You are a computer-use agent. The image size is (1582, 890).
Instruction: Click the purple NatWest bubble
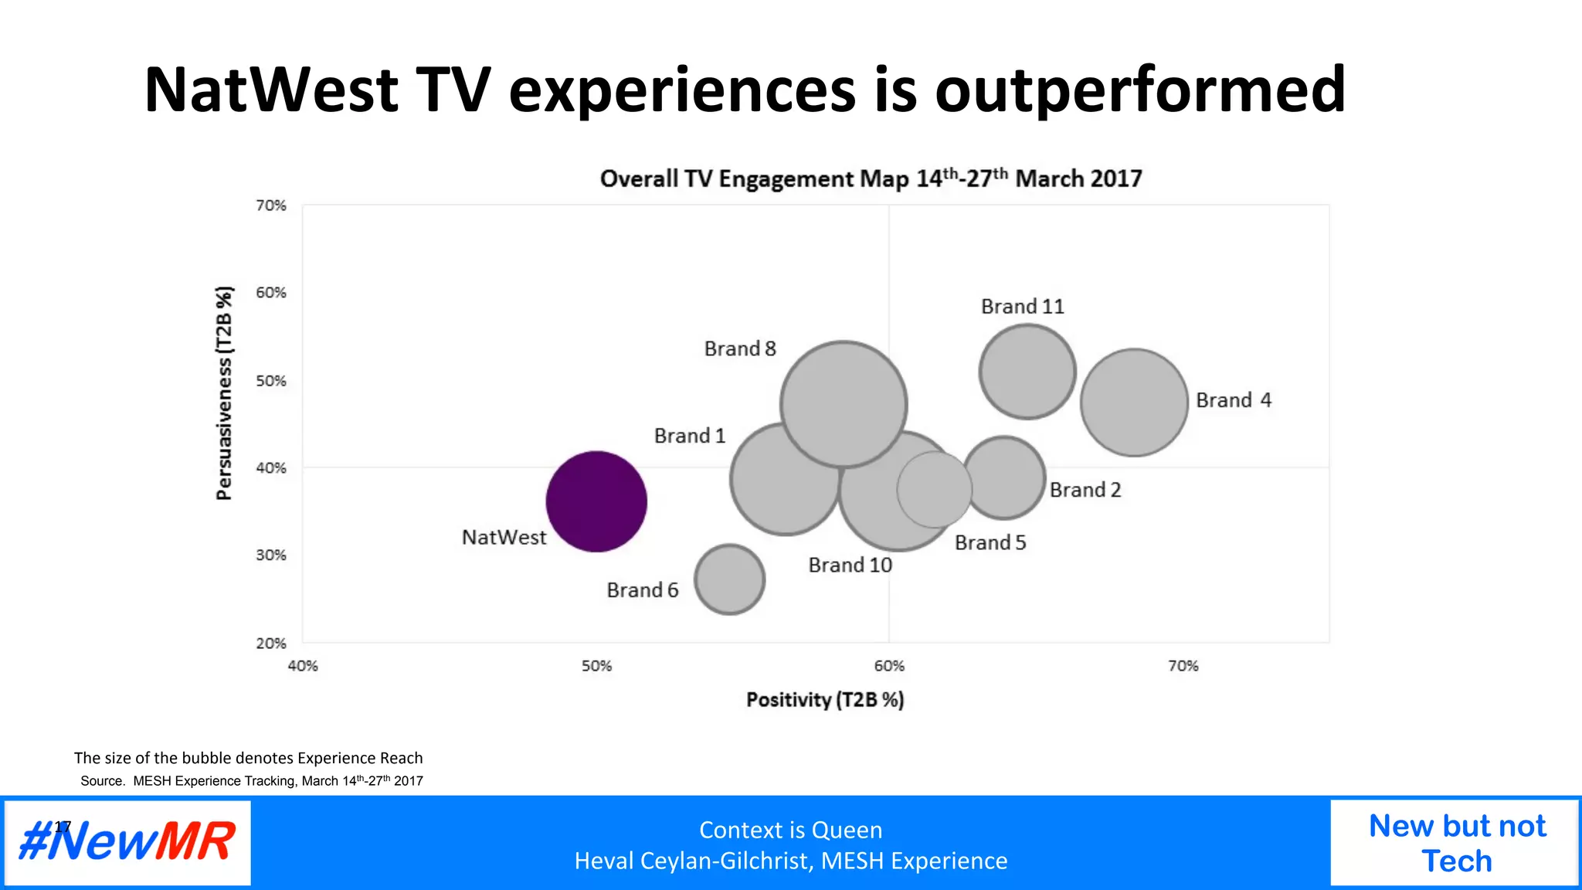[x=596, y=501]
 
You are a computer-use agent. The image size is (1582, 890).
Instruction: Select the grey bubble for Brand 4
[x=1133, y=402]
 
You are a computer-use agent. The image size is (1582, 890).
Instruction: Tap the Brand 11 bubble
[x=1027, y=372]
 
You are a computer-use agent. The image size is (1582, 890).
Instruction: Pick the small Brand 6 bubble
[x=729, y=579]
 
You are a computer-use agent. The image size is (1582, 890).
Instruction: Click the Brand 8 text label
[x=739, y=349]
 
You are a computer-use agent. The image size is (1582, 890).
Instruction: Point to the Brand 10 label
[x=850, y=566]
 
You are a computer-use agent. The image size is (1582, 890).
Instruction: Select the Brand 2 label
[x=1085, y=490]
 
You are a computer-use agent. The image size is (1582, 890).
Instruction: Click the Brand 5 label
[x=990, y=543]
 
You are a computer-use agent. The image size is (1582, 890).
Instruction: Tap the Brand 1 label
[x=689, y=436]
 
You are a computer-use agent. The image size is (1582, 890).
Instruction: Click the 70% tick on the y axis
[x=271, y=206]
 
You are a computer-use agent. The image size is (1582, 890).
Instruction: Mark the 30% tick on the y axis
[x=271, y=555]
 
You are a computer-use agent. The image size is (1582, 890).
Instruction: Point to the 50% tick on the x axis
[x=596, y=666]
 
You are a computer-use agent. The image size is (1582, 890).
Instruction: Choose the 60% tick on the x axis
[x=889, y=666]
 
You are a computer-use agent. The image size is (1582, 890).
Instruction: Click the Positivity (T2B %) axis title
[x=824, y=700]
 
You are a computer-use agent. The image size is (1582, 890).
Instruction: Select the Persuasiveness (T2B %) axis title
[x=224, y=392]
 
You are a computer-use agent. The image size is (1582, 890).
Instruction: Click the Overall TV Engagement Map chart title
[x=871, y=178]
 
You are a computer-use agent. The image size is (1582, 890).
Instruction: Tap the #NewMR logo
[x=127, y=842]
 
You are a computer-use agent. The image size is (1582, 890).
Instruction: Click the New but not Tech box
[x=1456, y=843]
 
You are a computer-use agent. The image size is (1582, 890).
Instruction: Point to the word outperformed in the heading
[x=1140, y=91]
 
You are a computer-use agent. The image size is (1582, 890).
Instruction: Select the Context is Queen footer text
[x=790, y=830]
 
